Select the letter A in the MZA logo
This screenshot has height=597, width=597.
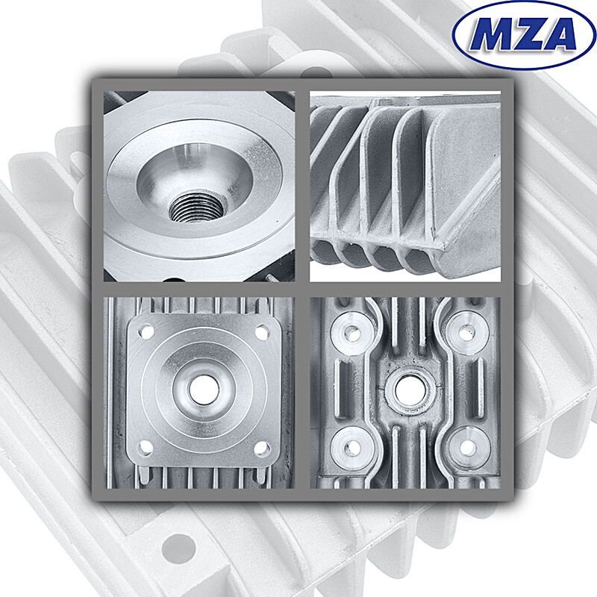pos(556,35)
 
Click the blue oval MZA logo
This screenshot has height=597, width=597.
pos(523,34)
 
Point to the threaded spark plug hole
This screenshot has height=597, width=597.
pos(193,205)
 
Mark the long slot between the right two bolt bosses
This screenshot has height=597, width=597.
pos(466,388)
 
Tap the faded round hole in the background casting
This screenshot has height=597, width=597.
pos(176,548)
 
